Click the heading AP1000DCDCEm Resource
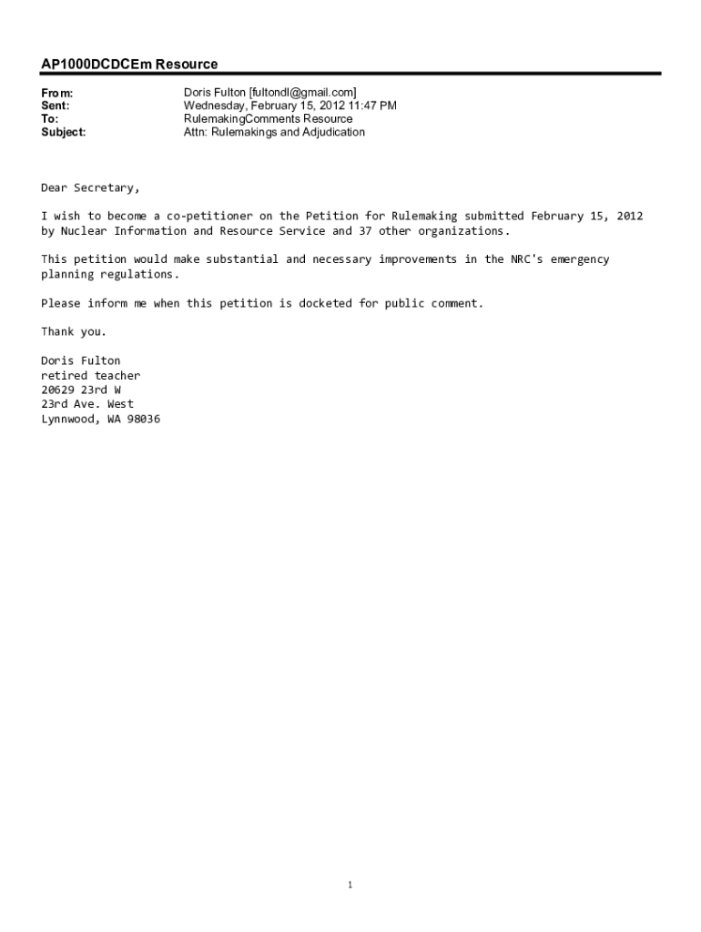click(x=129, y=65)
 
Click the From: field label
click(x=56, y=93)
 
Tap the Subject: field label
click(x=64, y=132)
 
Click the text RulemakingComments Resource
click(x=268, y=119)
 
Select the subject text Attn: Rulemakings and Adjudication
click(x=274, y=132)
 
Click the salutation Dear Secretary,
click(x=90, y=188)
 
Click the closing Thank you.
click(x=74, y=331)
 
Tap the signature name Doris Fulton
click(x=80, y=360)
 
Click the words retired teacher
click(x=90, y=375)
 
